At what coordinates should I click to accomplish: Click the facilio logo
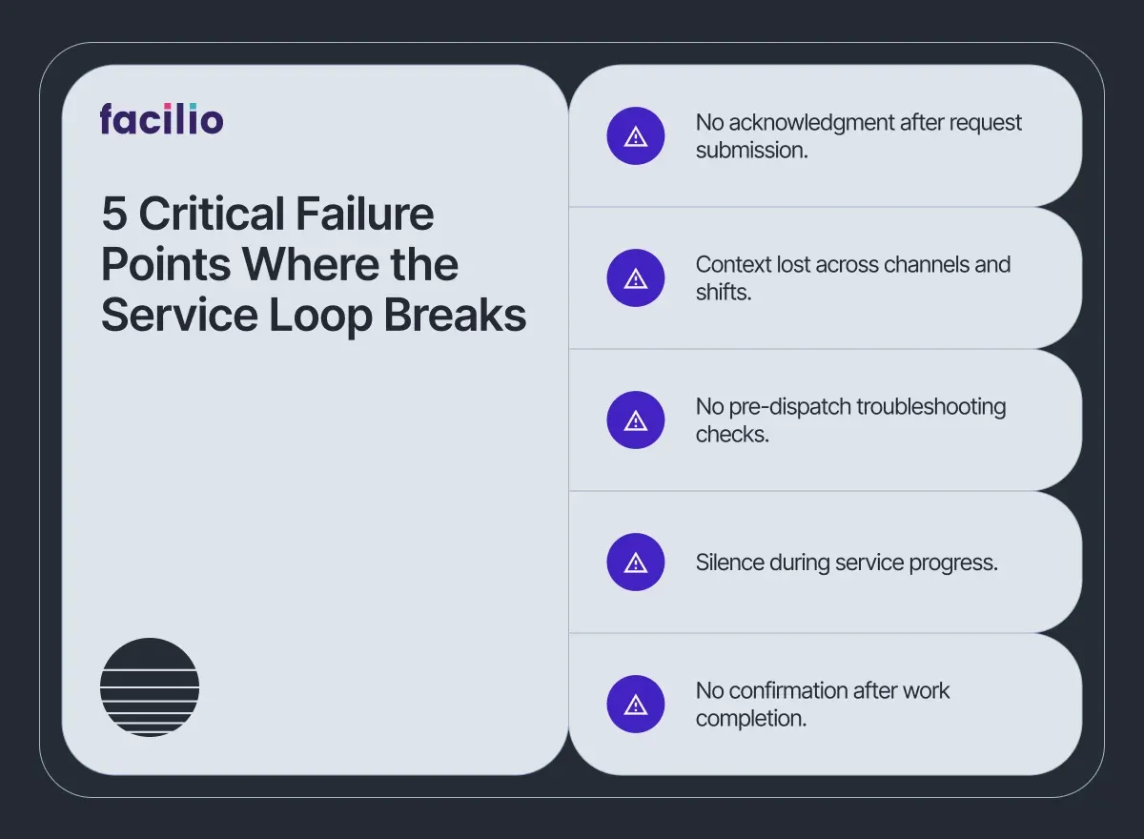161,119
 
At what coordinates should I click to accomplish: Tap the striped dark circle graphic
150,686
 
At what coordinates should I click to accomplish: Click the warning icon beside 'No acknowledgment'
636,136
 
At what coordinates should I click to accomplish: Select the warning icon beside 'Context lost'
636,278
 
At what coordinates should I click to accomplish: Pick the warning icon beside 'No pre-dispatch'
636,420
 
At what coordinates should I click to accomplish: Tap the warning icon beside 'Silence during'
636,563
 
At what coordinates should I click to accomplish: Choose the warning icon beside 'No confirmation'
636,705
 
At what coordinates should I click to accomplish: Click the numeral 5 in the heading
114,215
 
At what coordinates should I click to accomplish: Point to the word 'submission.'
751,151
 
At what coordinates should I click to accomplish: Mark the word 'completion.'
751,719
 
